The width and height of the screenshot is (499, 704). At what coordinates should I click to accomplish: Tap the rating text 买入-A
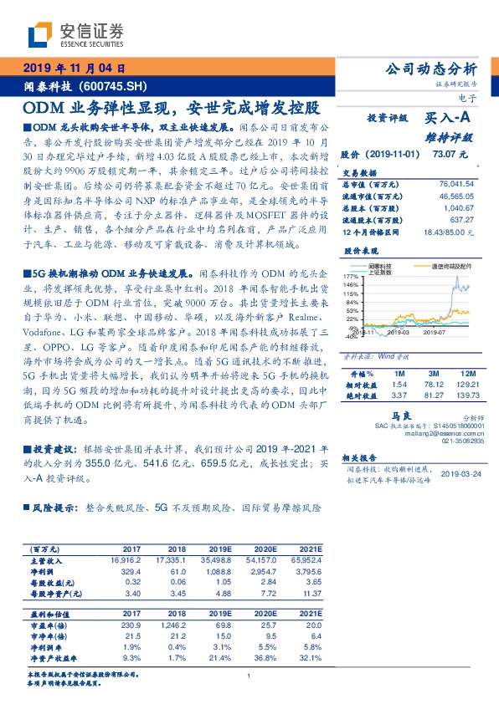[447, 119]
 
